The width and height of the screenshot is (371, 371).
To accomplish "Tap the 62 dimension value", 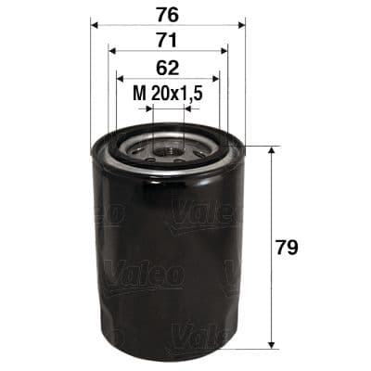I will pyautogui.click(x=168, y=67).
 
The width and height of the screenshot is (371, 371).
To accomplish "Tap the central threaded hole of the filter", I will pyautogui.click(x=167, y=147).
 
